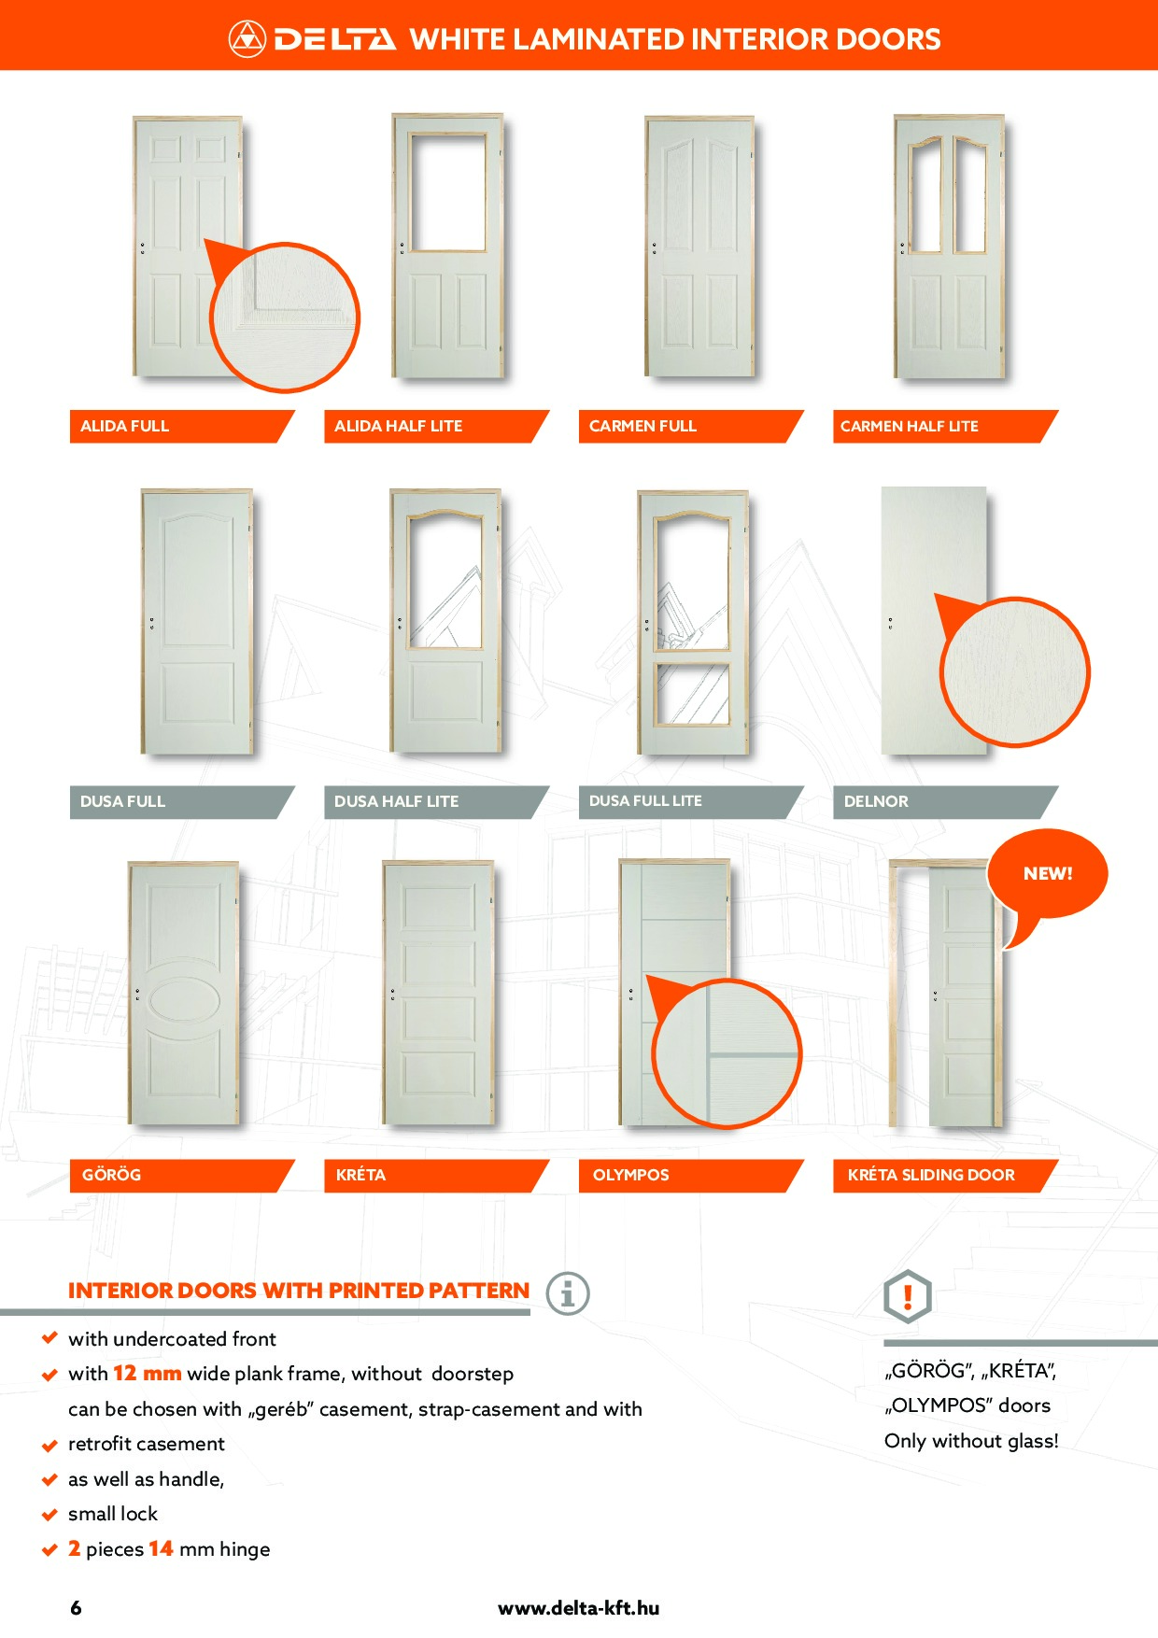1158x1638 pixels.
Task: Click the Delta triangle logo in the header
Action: (x=247, y=38)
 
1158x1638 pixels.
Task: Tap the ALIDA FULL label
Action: (x=124, y=426)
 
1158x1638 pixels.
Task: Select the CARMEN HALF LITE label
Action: (x=909, y=426)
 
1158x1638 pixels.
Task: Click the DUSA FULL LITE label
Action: (x=645, y=801)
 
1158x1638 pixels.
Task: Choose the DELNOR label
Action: (x=876, y=801)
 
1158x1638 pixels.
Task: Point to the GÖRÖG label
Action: (x=111, y=1174)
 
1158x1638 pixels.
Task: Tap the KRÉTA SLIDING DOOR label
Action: (x=931, y=1175)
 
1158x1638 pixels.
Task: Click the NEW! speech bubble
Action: (x=1048, y=874)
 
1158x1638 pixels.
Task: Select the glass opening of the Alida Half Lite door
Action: (x=448, y=192)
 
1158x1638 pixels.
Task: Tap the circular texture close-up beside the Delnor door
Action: (x=1014, y=672)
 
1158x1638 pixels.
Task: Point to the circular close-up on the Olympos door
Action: (x=727, y=1054)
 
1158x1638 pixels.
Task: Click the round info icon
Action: (x=568, y=1293)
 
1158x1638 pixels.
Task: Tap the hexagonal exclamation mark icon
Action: (x=907, y=1296)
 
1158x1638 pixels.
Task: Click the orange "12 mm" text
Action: (x=148, y=1373)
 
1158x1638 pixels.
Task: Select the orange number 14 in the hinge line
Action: (x=161, y=1548)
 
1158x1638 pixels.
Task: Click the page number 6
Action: (x=76, y=1608)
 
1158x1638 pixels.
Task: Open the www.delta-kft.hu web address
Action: (x=578, y=1608)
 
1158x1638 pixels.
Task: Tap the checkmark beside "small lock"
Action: (x=50, y=1515)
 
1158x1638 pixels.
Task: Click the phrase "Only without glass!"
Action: (x=971, y=1441)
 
